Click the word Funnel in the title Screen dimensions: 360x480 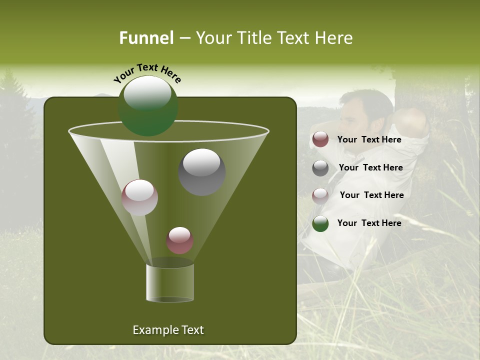point(146,38)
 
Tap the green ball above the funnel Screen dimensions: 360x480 point(148,106)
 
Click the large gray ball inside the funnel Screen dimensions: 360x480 point(202,172)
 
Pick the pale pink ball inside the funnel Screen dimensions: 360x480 point(139,197)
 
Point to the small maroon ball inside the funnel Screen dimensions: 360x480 point(179,240)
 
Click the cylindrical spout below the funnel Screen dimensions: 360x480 point(170,282)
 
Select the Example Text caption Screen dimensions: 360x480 point(168,330)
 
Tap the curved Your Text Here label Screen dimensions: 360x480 point(147,73)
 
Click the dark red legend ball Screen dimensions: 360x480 point(320,139)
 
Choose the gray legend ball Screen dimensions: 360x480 point(320,168)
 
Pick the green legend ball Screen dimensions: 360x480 point(320,223)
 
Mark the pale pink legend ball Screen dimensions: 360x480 point(320,195)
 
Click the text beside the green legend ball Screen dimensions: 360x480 point(369,223)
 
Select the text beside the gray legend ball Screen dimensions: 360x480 point(370,167)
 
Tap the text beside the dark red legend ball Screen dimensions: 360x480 point(369,139)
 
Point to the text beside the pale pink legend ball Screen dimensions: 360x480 point(371,195)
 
